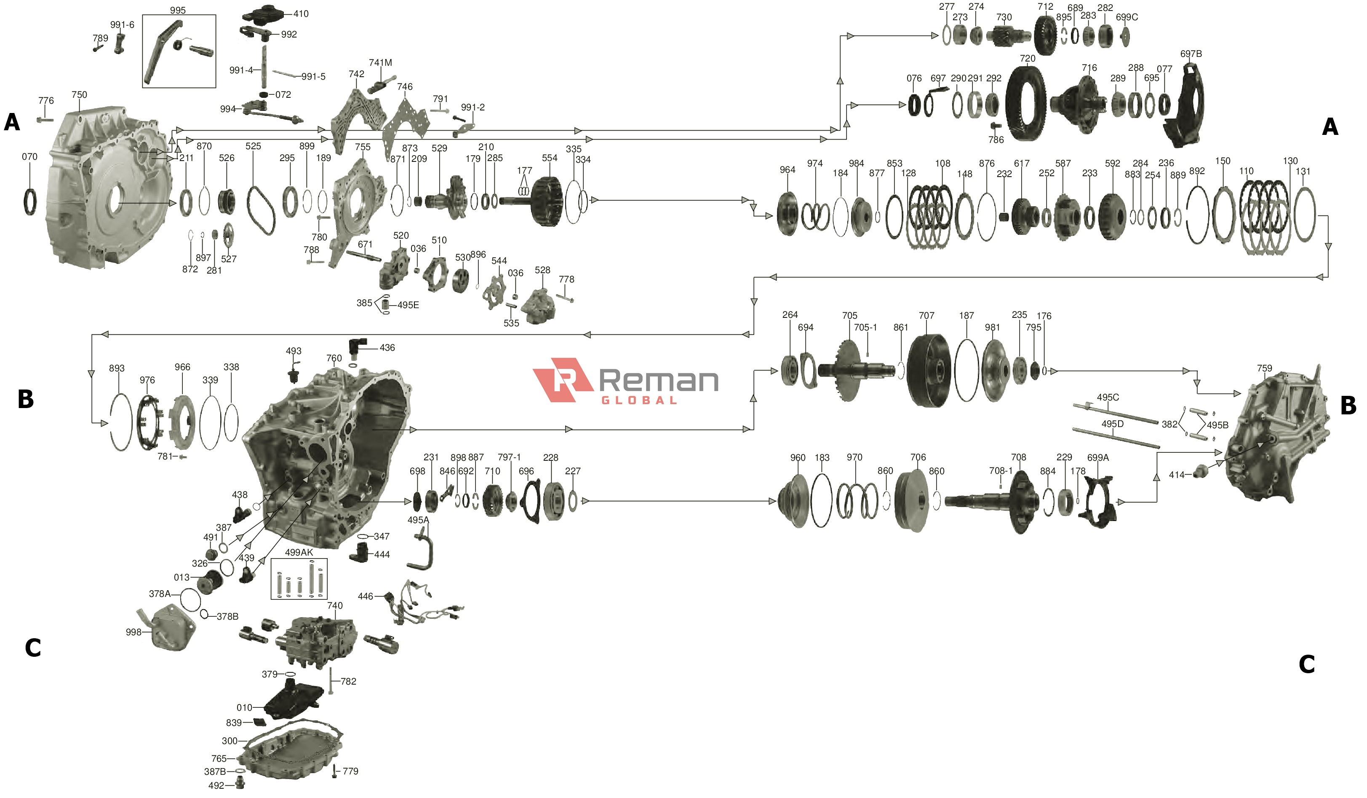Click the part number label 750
[x=79, y=94]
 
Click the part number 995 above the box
[x=177, y=10]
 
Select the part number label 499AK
[x=299, y=552]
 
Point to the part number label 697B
[x=1191, y=54]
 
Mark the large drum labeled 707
[x=928, y=370]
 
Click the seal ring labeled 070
[x=30, y=202]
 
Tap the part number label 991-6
[x=122, y=25]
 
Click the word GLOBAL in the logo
[x=639, y=400]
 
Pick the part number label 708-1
[x=1001, y=470]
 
